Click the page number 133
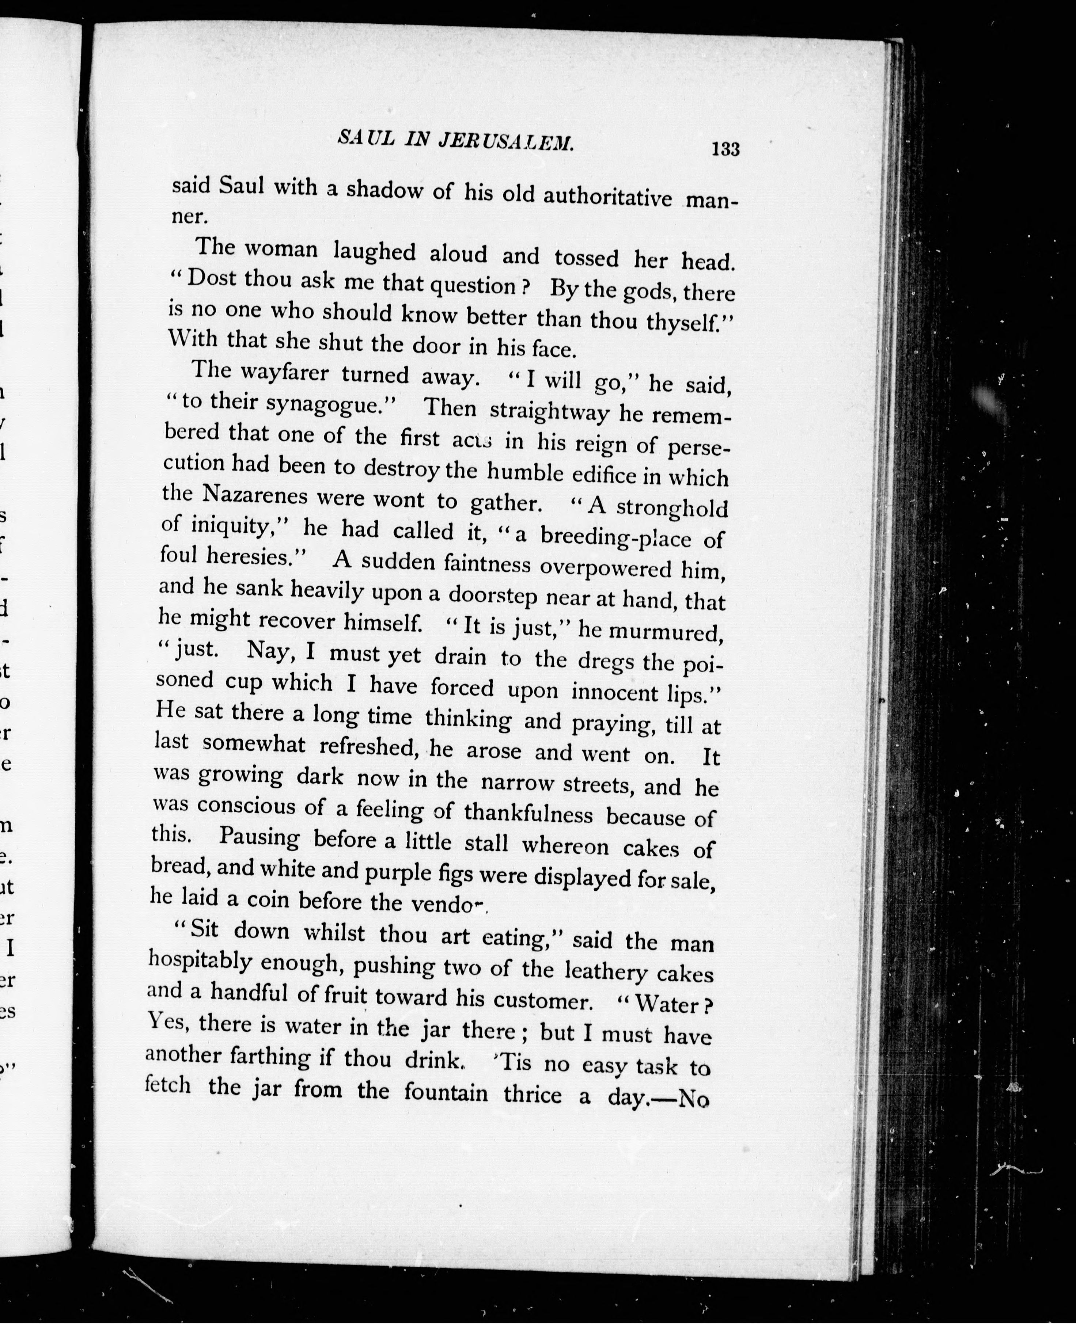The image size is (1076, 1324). pyautogui.click(x=726, y=149)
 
